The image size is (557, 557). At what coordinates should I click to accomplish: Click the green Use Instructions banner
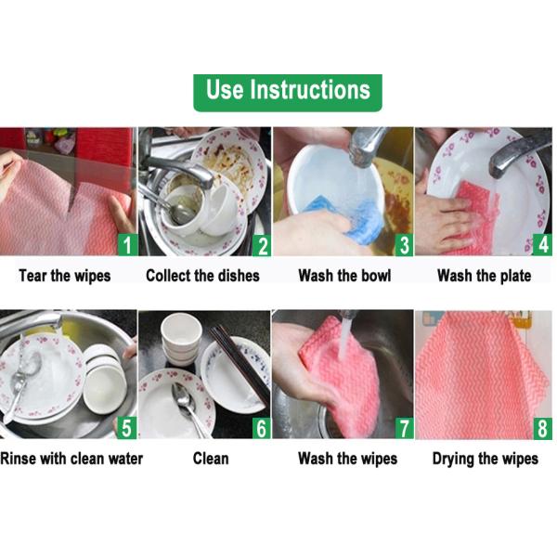pyautogui.click(x=288, y=91)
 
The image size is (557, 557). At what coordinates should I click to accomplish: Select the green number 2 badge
pyautogui.click(x=262, y=245)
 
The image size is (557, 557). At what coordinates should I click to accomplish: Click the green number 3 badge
pyautogui.click(x=402, y=245)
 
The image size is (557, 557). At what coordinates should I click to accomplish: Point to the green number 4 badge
pyautogui.click(x=542, y=245)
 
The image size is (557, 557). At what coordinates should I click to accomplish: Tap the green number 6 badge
pyautogui.click(x=262, y=428)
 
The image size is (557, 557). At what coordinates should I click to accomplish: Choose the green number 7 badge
pyautogui.click(x=402, y=428)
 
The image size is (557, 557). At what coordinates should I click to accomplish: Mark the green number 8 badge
pyautogui.click(x=542, y=428)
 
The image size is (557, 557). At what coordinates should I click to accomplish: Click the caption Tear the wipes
pyautogui.click(x=65, y=276)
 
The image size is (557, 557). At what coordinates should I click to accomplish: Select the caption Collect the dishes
pyautogui.click(x=202, y=276)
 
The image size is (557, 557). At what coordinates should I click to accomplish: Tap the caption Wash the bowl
pyautogui.click(x=344, y=276)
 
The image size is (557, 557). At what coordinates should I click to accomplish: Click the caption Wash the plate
pyautogui.click(x=484, y=276)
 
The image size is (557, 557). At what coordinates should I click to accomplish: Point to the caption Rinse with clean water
pyautogui.click(x=71, y=459)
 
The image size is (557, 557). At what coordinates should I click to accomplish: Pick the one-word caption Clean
pyautogui.click(x=211, y=459)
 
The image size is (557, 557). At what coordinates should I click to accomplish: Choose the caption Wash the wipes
pyautogui.click(x=347, y=459)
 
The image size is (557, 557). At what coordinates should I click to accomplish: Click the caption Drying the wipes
pyautogui.click(x=485, y=459)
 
